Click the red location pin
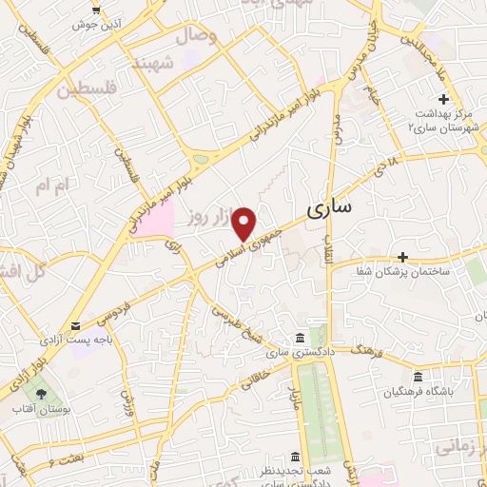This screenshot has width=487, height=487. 245,224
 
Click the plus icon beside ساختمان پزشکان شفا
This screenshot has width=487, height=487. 403,257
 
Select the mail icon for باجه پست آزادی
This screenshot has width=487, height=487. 75,326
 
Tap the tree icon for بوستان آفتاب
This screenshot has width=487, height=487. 41,392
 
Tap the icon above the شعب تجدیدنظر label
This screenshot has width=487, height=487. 294,457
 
